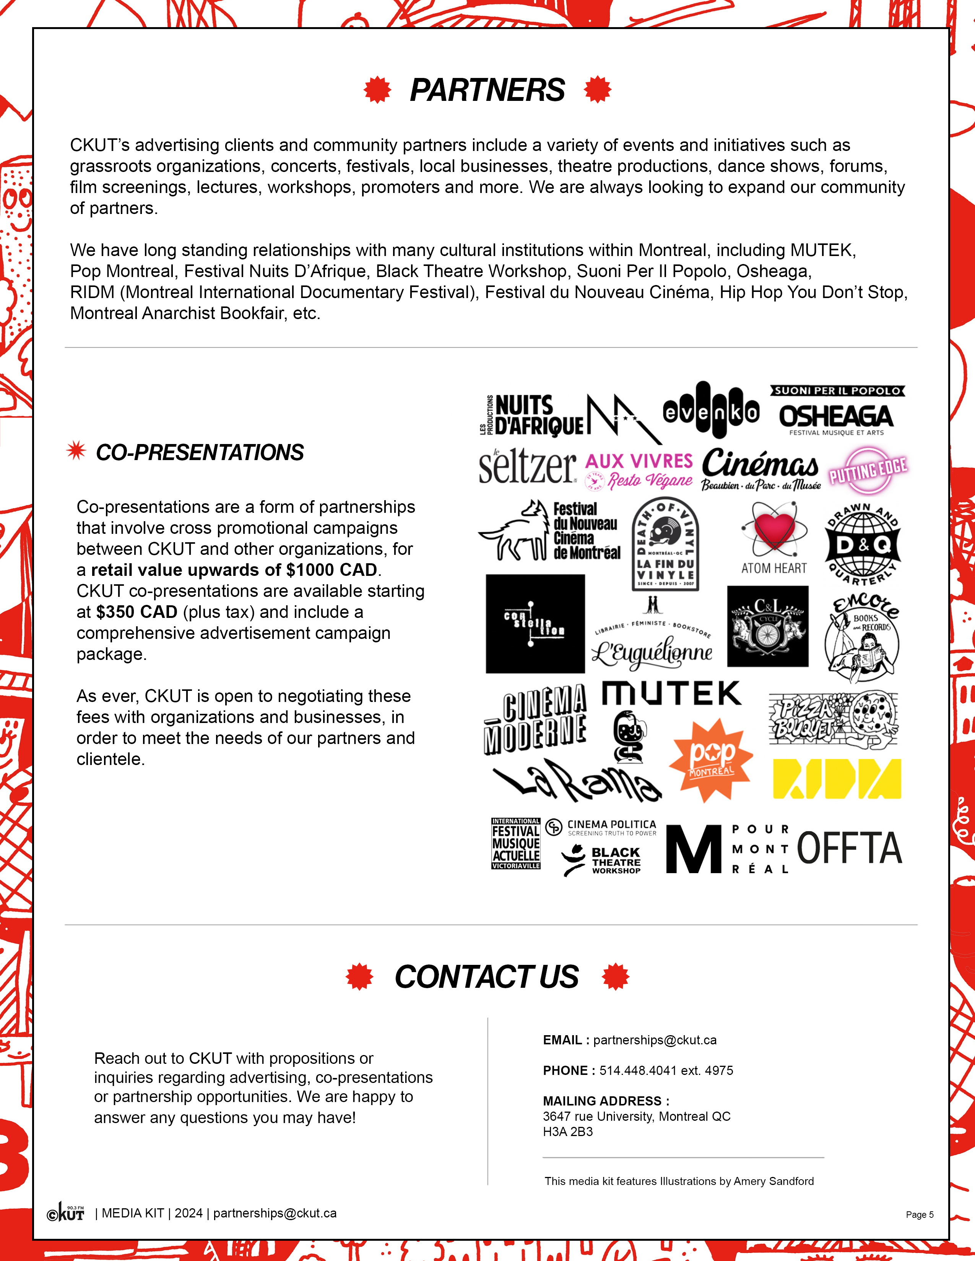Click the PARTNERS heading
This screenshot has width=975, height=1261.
tap(487, 90)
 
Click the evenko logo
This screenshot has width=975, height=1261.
tap(711, 411)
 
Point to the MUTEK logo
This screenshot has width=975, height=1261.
tap(671, 694)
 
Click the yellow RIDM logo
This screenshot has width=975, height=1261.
tap(836, 778)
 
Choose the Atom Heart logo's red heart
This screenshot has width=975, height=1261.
tap(774, 530)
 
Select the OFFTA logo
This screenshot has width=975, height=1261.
tap(849, 848)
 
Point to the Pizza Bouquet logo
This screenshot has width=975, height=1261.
tap(833, 719)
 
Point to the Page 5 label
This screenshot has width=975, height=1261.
tap(920, 1214)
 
